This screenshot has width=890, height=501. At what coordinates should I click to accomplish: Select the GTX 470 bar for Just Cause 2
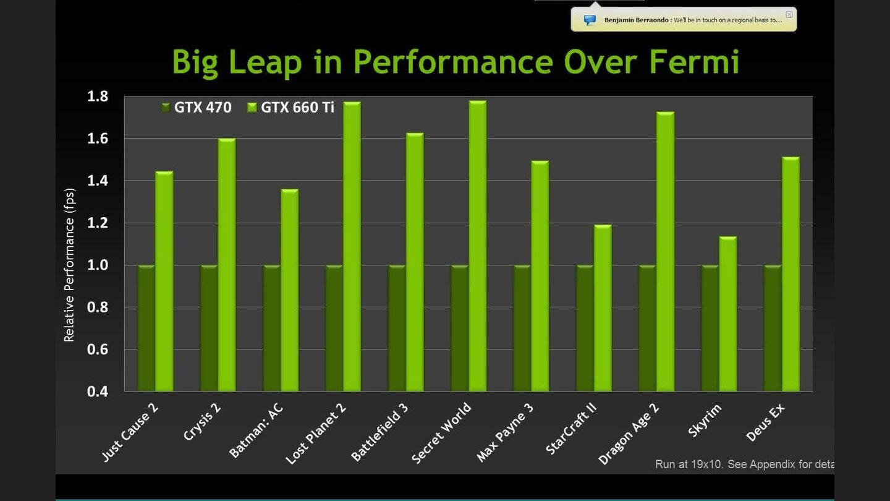[146, 328]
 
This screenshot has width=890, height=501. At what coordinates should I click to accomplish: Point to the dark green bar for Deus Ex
[773, 328]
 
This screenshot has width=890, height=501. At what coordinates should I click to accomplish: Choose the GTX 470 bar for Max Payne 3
[522, 328]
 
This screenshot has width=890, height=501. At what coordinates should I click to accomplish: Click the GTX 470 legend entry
[196, 108]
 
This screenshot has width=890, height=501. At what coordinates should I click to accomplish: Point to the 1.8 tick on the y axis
[97, 96]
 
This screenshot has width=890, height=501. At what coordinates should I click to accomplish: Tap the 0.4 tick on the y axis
[97, 392]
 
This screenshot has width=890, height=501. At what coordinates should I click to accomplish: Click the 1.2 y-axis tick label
[97, 223]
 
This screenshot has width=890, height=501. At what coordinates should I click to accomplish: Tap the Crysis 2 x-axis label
[203, 422]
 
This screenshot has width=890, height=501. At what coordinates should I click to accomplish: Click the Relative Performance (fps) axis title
[69, 265]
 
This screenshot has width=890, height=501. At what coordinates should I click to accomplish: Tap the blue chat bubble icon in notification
[590, 20]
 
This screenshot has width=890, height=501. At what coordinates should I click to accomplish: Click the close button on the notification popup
[789, 14]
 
